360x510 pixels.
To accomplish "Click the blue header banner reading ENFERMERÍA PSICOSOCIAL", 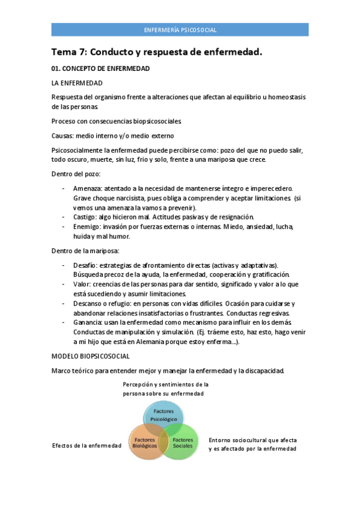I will pyautogui.click(x=180, y=29).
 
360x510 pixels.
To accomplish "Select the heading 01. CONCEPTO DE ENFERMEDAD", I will pyautogui.click(x=100, y=69).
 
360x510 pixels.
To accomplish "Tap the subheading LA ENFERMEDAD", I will pyautogui.click(x=77, y=83).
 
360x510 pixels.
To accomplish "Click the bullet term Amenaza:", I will pyautogui.click(x=88, y=188).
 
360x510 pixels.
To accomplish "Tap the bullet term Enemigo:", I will pyautogui.click(x=88, y=227).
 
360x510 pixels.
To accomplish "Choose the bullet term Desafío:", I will pyautogui.click(x=86, y=265).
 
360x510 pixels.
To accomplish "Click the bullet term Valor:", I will pyautogui.click(x=82, y=284).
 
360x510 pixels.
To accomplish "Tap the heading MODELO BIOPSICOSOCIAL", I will pyautogui.click(x=90, y=356).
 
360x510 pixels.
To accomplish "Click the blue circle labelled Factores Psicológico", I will pyautogui.click(x=163, y=414).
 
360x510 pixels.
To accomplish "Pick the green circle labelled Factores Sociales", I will pyautogui.click(x=183, y=443).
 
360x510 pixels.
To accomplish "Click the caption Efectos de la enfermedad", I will pyautogui.click(x=87, y=445).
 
